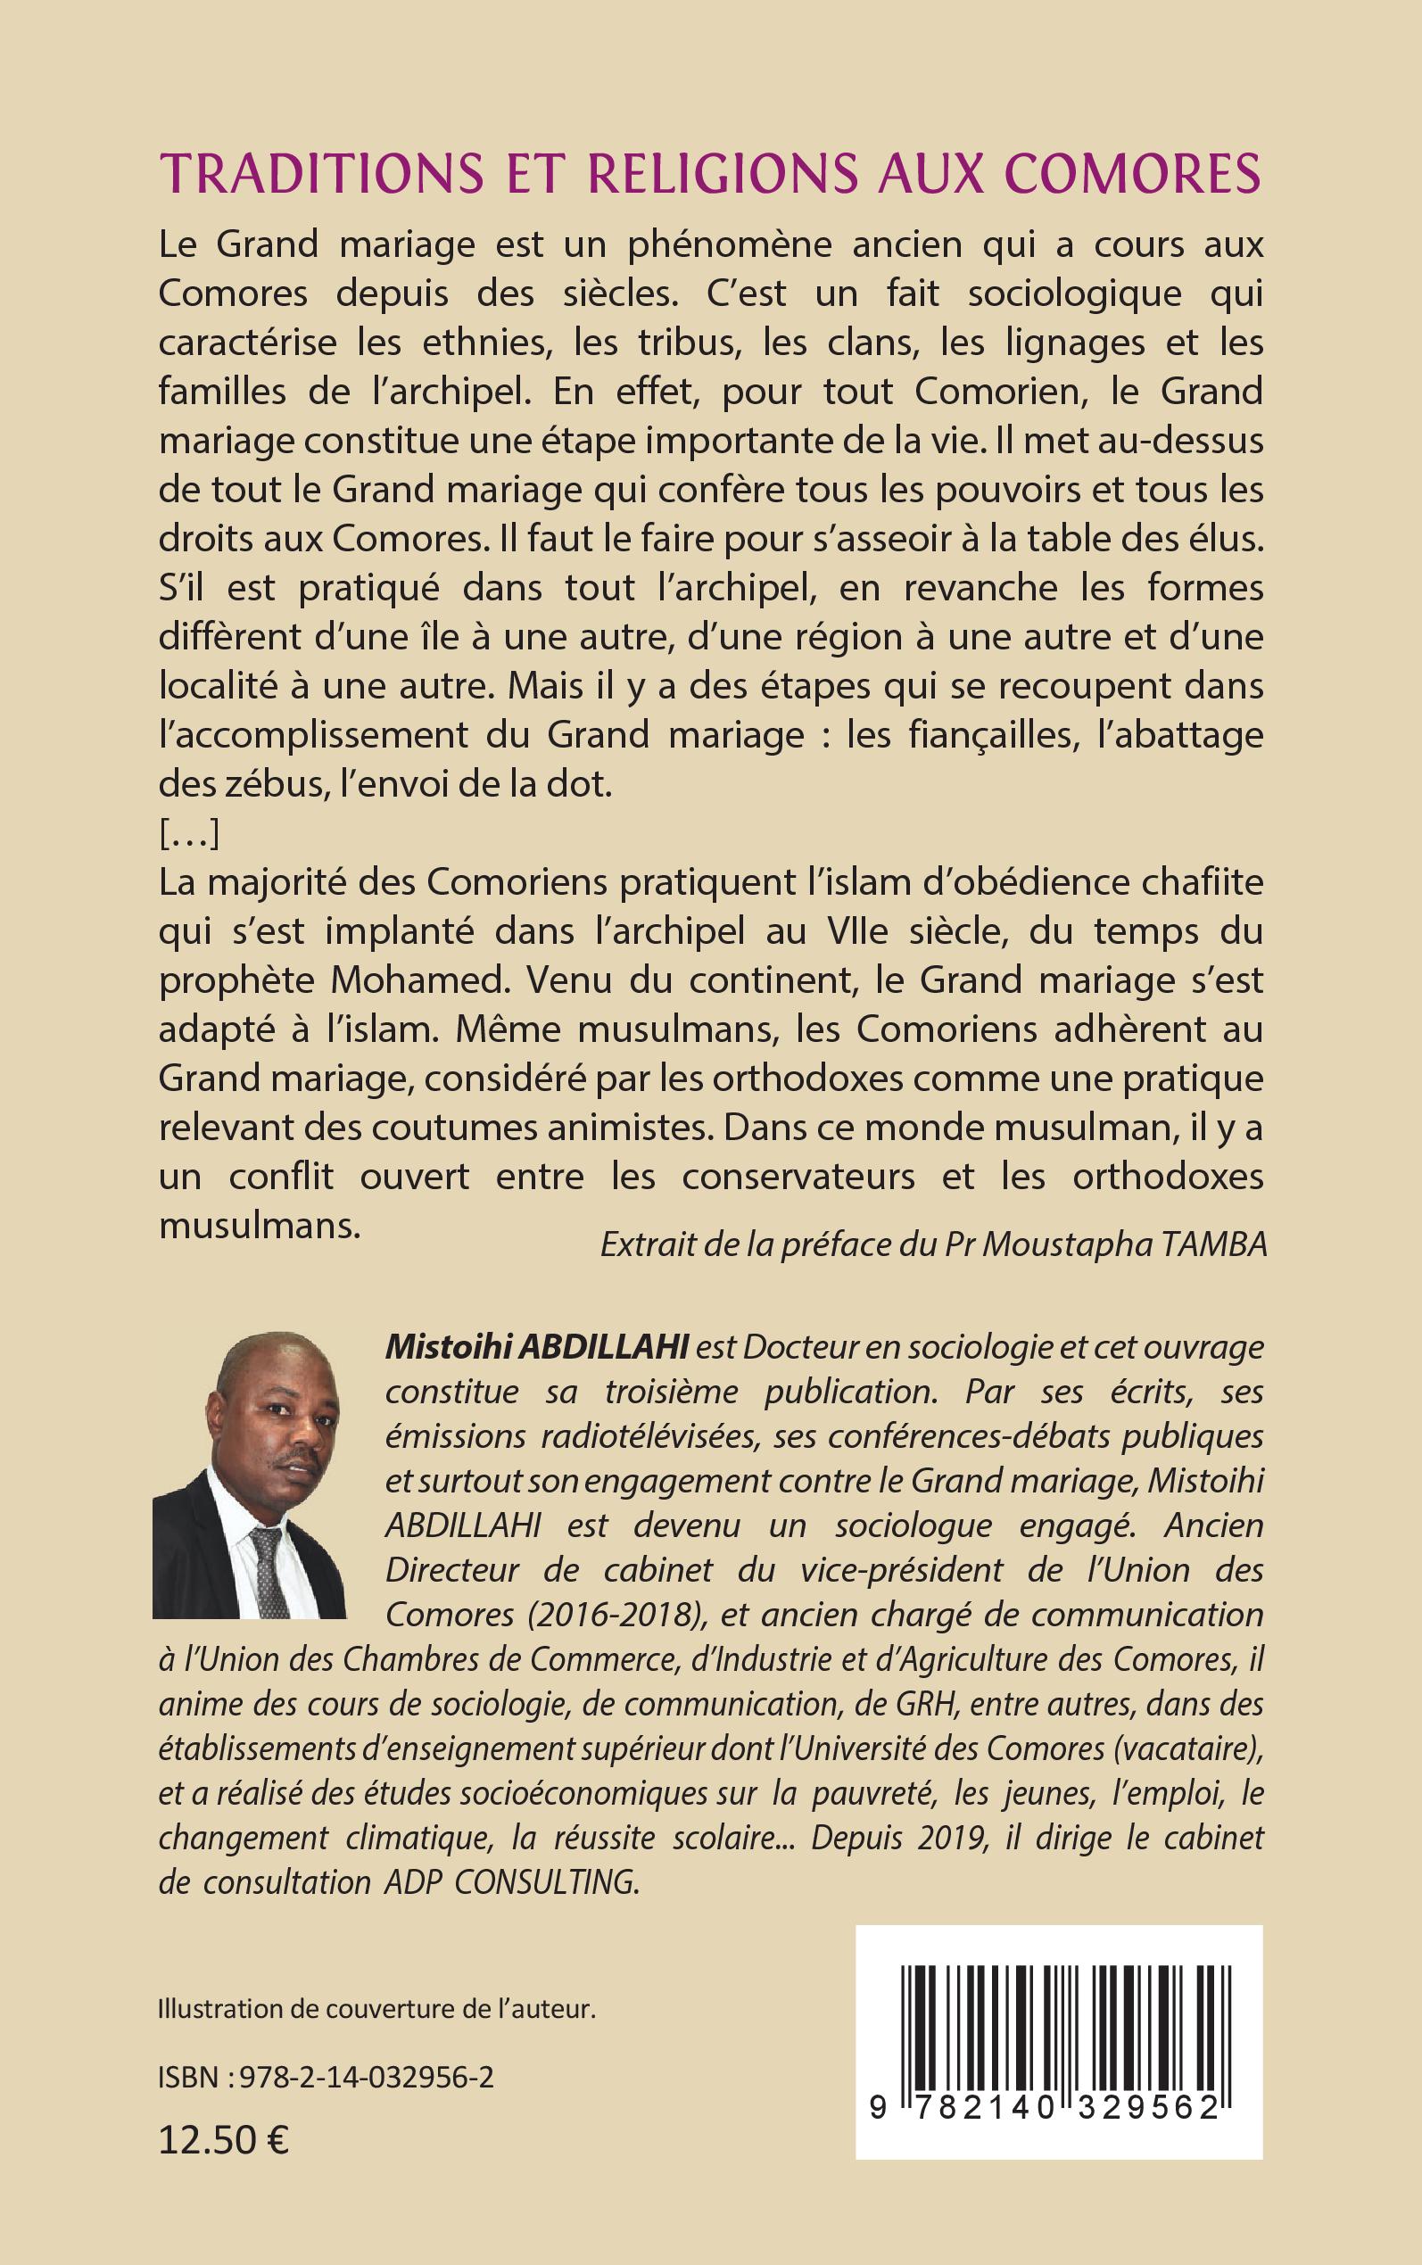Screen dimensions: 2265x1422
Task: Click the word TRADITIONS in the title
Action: click(322, 173)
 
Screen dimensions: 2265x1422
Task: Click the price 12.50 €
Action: click(224, 2141)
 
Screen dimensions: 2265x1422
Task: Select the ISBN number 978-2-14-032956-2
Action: click(367, 2077)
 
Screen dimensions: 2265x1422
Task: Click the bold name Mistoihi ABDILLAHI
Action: click(537, 1347)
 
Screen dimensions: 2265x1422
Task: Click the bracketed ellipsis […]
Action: click(189, 834)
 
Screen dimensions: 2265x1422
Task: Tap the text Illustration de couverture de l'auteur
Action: click(377, 2008)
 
